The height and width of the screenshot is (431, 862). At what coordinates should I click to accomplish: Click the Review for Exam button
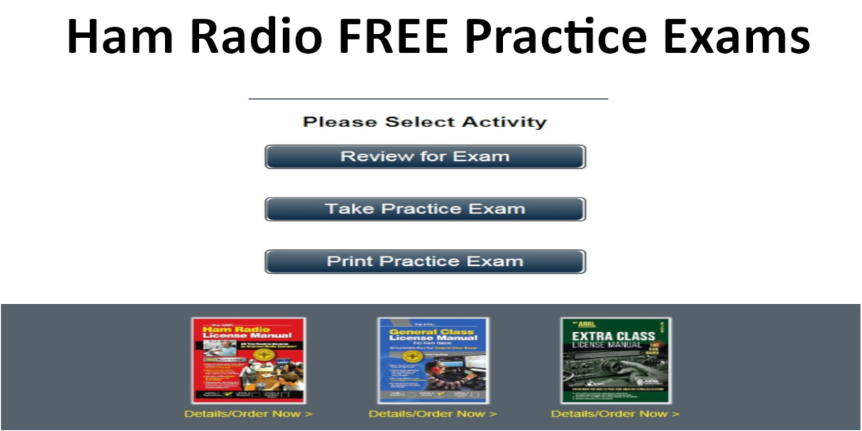pyautogui.click(x=425, y=157)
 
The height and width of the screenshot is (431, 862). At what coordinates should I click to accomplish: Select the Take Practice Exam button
pyautogui.click(x=425, y=209)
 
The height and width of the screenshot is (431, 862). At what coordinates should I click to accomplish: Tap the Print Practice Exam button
pyautogui.click(x=425, y=261)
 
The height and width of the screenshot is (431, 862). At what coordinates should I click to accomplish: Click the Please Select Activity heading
pyautogui.click(x=425, y=122)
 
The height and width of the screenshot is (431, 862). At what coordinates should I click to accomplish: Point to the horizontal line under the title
pyautogui.click(x=428, y=98)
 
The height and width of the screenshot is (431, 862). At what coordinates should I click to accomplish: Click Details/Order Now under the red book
pyautogui.click(x=249, y=414)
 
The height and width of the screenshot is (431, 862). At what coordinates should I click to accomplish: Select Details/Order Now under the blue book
pyautogui.click(x=432, y=414)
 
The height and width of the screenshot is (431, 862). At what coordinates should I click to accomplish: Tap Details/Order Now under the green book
pyautogui.click(x=615, y=414)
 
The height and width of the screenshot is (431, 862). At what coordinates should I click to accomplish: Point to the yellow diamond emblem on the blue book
pyautogui.click(x=412, y=357)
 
